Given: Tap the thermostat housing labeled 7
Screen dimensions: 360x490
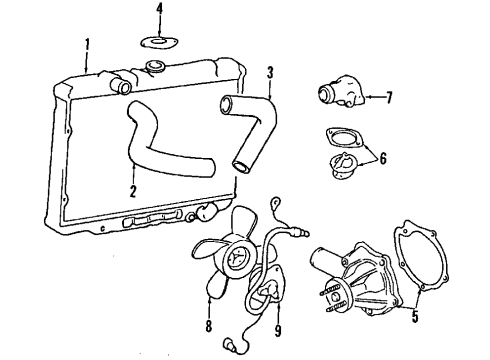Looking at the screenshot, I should click(333, 97).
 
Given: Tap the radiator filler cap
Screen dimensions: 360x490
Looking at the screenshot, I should click(156, 67).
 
